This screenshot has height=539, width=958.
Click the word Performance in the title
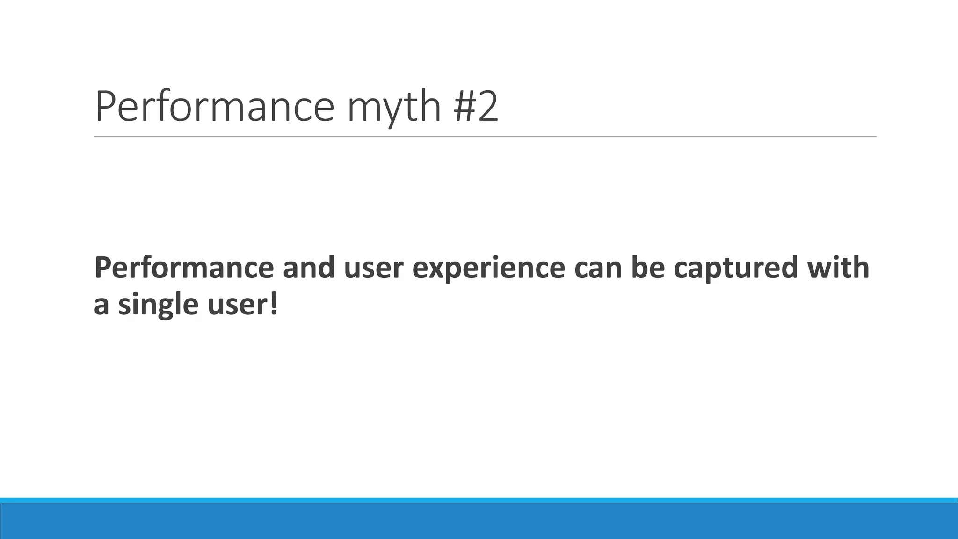pos(214,107)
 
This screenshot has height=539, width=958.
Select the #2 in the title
pos(476,107)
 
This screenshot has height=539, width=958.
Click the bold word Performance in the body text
pos(184,268)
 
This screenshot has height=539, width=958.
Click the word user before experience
pos(373,268)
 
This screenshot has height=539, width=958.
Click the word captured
pos(735,269)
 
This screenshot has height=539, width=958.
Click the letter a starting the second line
pos(101,305)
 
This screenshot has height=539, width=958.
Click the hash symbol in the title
pos(463,107)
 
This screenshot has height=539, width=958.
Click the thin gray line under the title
pos(485,137)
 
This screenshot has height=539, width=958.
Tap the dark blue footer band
pos(479,521)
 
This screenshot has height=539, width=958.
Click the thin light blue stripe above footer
pos(479,500)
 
